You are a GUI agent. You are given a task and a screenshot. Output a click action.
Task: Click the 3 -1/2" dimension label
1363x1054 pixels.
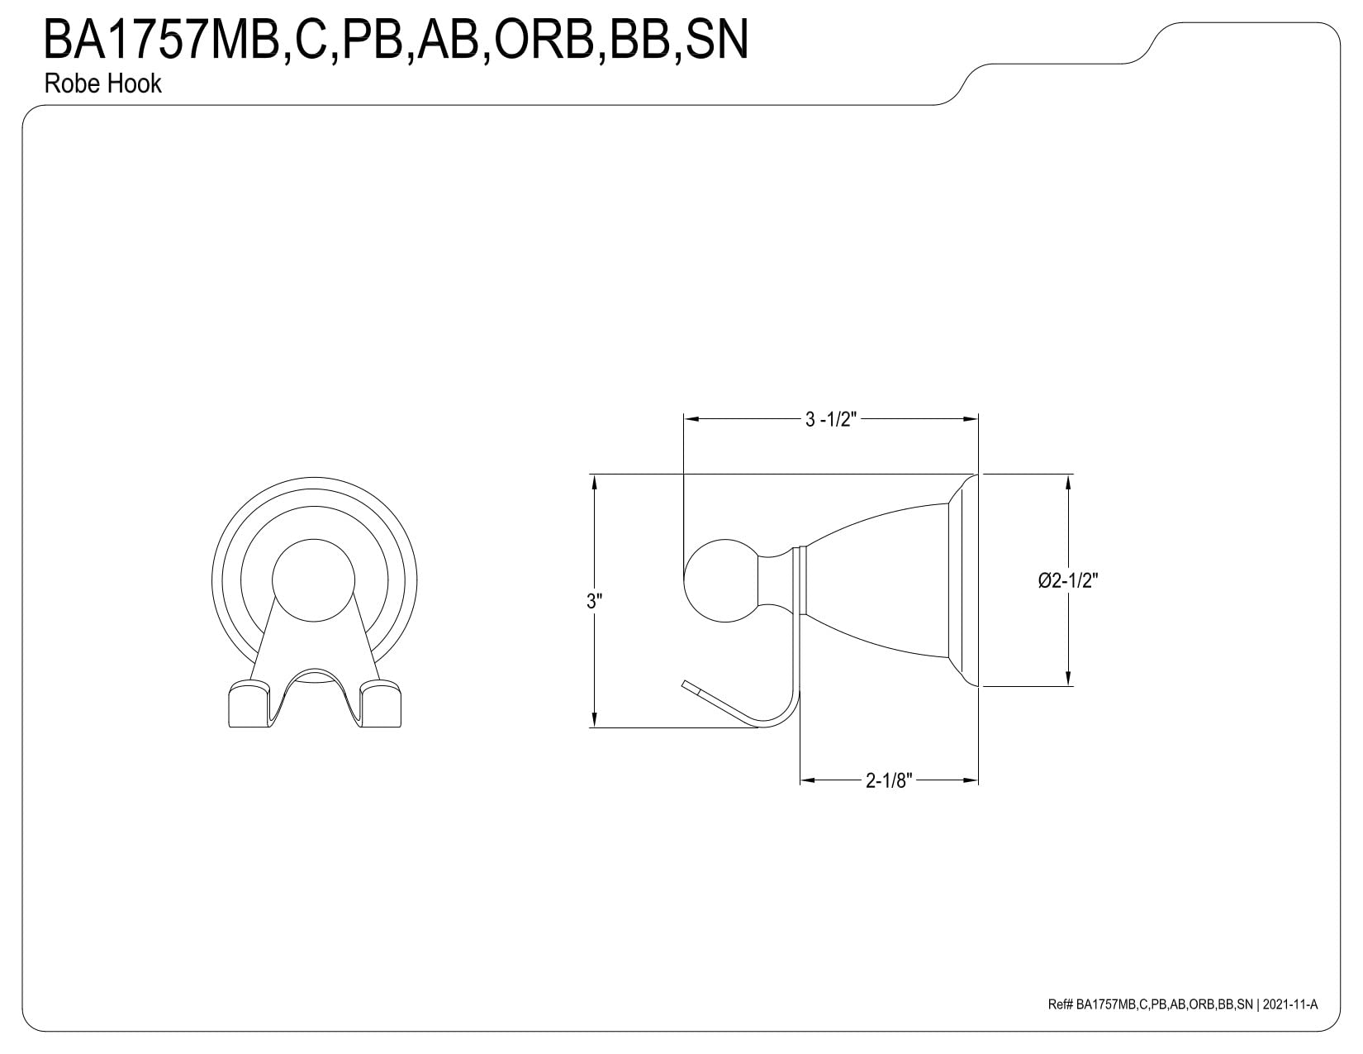click(830, 419)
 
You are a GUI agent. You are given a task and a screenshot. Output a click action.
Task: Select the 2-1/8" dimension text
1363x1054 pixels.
click(889, 780)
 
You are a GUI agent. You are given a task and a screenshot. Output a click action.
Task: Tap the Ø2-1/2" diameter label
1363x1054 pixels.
click(1067, 580)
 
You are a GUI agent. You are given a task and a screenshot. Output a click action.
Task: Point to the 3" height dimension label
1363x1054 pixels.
click(594, 601)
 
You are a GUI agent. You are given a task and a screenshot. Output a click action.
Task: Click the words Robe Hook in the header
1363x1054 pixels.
click(103, 83)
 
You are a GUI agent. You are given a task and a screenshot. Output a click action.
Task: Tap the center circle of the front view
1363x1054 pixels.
click(314, 580)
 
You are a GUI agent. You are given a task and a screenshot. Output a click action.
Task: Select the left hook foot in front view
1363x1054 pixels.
click(249, 704)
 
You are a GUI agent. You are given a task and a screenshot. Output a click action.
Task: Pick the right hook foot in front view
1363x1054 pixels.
click(380, 704)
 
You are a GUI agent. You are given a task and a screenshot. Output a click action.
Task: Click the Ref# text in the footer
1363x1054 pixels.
click(1060, 1023)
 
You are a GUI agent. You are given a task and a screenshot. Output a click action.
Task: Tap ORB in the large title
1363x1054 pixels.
click(544, 40)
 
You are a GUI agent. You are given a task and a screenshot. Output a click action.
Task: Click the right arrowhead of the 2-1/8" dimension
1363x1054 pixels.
click(971, 780)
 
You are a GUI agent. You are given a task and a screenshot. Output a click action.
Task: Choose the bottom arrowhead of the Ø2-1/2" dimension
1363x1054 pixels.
click(1068, 678)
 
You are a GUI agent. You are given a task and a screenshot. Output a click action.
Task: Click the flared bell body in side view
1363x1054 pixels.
click(878, 580)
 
